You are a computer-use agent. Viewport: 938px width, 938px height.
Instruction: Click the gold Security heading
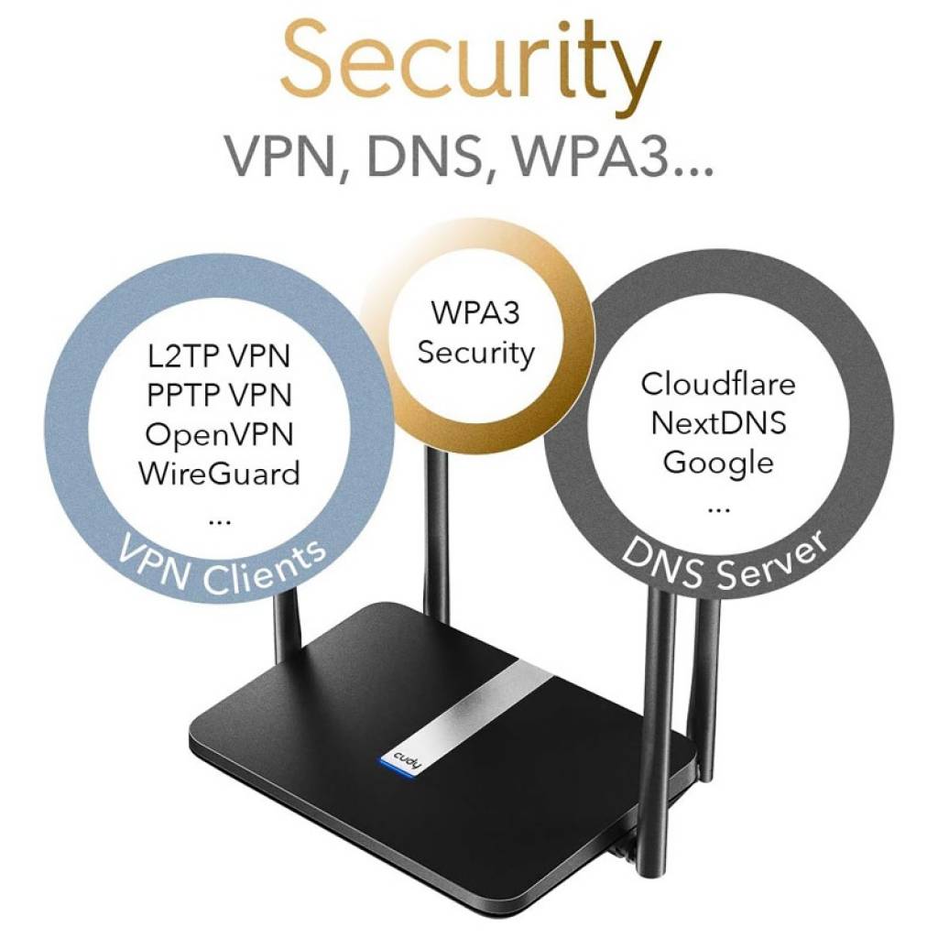(470, 67)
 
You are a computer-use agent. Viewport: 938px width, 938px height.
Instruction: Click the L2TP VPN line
(219, 356)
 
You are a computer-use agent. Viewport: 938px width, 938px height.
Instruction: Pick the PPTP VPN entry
(219, 395)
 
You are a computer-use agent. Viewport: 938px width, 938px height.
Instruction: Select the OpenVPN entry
(219, 435)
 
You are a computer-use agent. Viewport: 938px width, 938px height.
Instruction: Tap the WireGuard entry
(219, 474)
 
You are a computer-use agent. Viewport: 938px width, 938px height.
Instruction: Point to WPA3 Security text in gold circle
(475, 333)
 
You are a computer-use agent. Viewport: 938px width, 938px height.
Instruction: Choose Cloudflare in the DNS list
(718, 384)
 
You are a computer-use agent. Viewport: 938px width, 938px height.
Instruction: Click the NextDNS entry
(718, 423)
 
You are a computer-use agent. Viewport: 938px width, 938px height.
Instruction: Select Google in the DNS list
(718, 464)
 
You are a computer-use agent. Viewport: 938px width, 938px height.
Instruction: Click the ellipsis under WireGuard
(219, 521)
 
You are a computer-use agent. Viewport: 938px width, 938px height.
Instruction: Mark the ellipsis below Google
(718, 510)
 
